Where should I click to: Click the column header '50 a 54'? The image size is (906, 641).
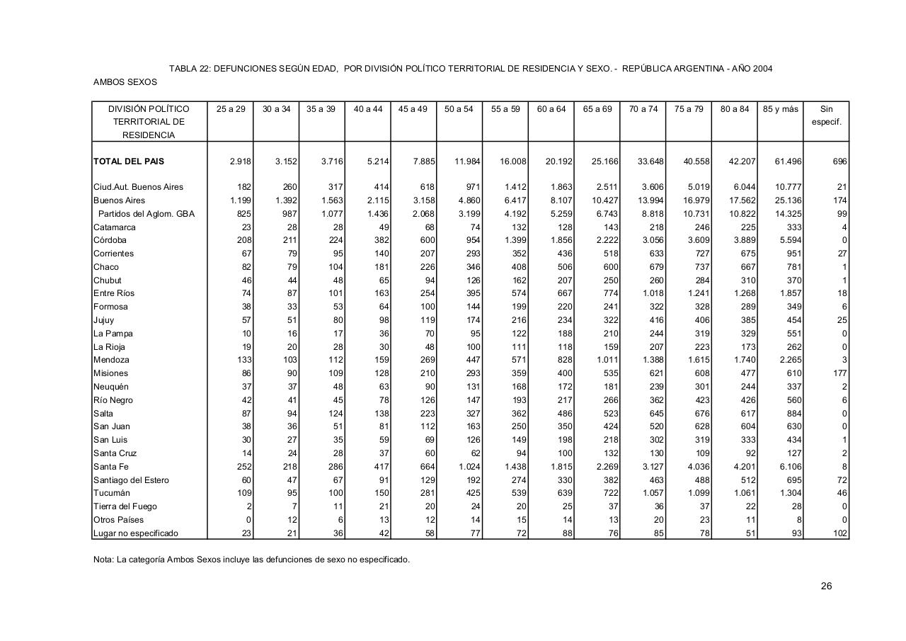click(x=459, y=109)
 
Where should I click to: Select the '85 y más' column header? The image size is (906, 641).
click(x=780, y=109)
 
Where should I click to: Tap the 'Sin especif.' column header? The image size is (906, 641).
click(x=826, y=115)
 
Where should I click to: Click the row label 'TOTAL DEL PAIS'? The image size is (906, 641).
click(x=129, y=161)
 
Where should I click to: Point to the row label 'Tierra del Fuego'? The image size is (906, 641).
click(x=125, y=506)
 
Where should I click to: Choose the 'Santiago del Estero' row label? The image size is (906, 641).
click(x=131, y=480)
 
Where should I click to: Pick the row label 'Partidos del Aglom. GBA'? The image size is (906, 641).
click(x=146, y=214)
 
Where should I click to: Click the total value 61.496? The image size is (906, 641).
click(x=788, y=161)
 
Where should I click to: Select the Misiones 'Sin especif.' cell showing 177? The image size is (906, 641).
click(x=840, y=373)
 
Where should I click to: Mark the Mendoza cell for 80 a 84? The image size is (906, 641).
click(x=742, y=360)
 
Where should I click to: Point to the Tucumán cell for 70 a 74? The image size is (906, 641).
click(x=649, y=493)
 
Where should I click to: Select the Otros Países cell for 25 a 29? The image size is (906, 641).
click(x=248, y=520)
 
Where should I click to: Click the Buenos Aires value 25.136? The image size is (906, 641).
click(x=788, y=200)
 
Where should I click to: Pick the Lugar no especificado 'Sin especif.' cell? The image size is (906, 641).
click(x=840, y=533)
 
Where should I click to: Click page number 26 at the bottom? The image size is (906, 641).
click(x=826, y=586)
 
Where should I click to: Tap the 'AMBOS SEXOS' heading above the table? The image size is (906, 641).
click(x=125, y=82)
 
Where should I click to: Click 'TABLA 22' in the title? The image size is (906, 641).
click(x=189, y=69)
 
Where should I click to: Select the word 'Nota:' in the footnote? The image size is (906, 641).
click(x=103, y=560)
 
